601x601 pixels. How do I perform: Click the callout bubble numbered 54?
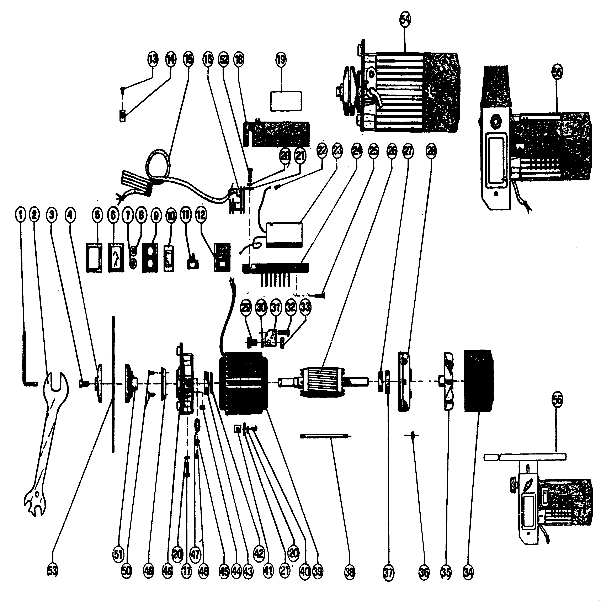[405, 19]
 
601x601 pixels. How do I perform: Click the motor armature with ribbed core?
[322, 382]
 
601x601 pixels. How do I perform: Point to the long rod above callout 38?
[325, 436]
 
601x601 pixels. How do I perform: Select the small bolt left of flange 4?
[83, 384]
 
